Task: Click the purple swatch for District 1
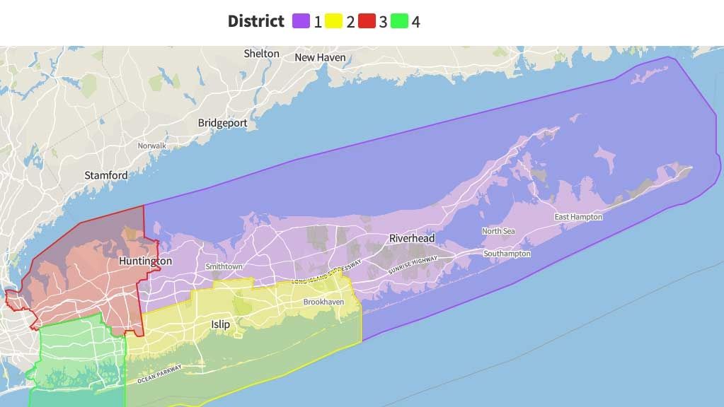[x=301, y=21]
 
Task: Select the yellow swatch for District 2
[x=334, y=21]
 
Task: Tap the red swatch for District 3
[x=367, y=21]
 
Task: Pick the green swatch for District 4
[x=399, y=21]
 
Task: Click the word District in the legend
[x=255, y=21]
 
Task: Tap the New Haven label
[x=320, y=57]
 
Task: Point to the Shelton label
[x=262, y=54]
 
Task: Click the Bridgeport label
[x=222, y=123]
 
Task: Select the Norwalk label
[x=152, y=146]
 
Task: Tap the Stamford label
[x=106, y=175]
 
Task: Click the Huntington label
[x=145, y=261]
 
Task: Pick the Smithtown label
[x=224, y=266]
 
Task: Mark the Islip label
[x=220, y=324]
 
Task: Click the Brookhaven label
[x=323, y=302]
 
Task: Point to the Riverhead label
[x=412, y=239]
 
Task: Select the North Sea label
[x=498, y=231]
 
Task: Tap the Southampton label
[x=507, y=253]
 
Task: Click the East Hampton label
[x=578, y=217]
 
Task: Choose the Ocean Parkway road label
[x=160, y=374]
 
